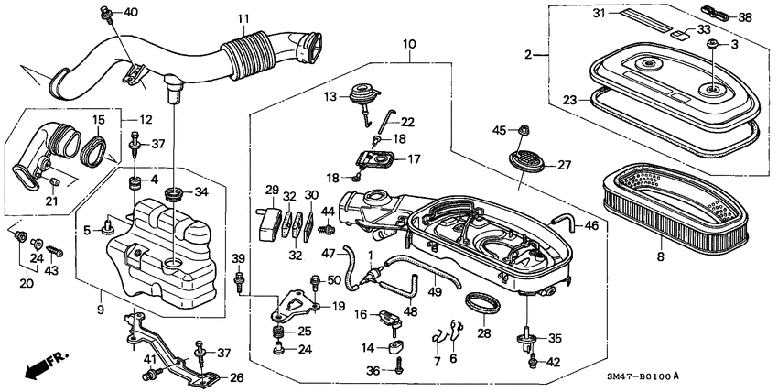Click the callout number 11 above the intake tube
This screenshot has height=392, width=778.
[243, 18]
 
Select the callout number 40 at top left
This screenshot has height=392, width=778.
[131, 12]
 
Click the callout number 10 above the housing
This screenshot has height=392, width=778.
[408, 44]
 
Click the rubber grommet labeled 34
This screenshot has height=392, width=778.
[173, 194]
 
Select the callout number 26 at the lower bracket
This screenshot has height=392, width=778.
[235, 376]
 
